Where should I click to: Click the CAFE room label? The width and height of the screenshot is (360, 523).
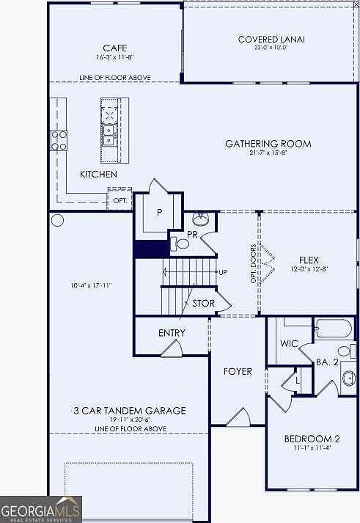[x=114, y=48]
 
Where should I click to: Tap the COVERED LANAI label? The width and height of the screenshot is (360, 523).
[x=271, y=39]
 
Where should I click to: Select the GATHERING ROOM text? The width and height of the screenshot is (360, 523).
[x=268, y=144]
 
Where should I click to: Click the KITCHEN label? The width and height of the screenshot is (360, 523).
[x=98, y=174]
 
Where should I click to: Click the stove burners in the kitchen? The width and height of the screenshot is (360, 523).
[x=59, y=139]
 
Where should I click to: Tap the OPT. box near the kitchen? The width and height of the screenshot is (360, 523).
[x=119, y=200]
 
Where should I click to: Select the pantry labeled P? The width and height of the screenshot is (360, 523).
[x=159, y=212]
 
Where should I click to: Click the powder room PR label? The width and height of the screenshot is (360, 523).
[x=192, y=235]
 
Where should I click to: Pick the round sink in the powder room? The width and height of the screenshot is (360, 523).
[x=199, y=219]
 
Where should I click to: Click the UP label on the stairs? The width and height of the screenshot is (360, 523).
[x=222, y=272]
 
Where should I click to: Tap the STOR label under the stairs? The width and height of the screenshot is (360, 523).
[x=203, y=302]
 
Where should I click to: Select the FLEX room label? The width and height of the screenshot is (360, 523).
[x=309, y=260]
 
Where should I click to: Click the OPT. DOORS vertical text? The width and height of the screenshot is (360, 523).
[x=253, y=263]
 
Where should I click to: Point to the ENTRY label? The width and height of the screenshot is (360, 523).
[x=172, y=333]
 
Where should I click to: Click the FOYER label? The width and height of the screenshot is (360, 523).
[x=237, y=372]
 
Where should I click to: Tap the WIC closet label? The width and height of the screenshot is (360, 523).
[x=288, y=343]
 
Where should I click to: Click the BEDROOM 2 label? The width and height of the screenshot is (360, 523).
[x=309, y=439]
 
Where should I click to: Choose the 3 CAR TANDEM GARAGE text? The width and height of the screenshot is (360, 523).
[x=129, y=411]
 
